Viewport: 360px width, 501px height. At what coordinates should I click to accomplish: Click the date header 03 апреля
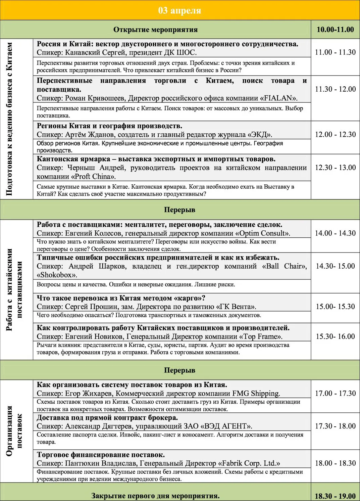tap(179, 10)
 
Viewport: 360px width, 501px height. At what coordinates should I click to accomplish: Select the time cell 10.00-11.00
tap(335, 30)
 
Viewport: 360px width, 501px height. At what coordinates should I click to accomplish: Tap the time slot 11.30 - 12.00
tap(335, 89)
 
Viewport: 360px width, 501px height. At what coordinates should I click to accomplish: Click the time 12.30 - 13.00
tap(335, 167)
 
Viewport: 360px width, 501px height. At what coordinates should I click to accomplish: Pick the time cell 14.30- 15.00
tap(335, 266)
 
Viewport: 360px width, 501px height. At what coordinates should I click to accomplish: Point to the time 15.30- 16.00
tap(335, 336)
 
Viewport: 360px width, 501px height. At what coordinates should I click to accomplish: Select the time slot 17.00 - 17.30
tap(335, 393)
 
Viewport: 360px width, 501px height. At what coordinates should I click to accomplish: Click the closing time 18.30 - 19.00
tap(335, 496)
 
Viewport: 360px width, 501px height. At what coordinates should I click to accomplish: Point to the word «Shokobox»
tap(56, 275)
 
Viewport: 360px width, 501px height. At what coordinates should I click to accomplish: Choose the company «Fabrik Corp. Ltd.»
tap(249, 463)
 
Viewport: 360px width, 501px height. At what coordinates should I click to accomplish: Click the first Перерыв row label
tap(179, 210)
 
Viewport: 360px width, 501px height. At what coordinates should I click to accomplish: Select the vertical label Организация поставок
tap(14, 431)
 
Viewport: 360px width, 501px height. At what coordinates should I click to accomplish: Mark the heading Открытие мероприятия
tap(155, 30)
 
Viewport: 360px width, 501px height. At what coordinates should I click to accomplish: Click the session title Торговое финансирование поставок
tap(101, 455)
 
